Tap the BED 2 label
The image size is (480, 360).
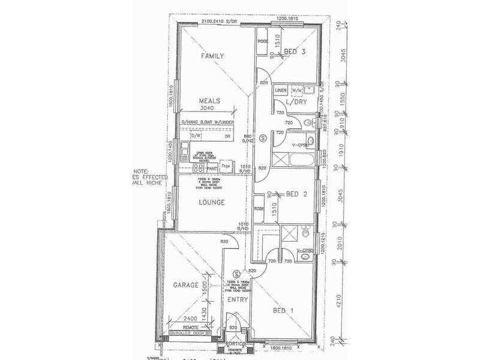298,194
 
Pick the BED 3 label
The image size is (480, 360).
295,52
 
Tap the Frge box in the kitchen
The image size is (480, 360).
226,165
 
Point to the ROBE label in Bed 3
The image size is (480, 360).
262,42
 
